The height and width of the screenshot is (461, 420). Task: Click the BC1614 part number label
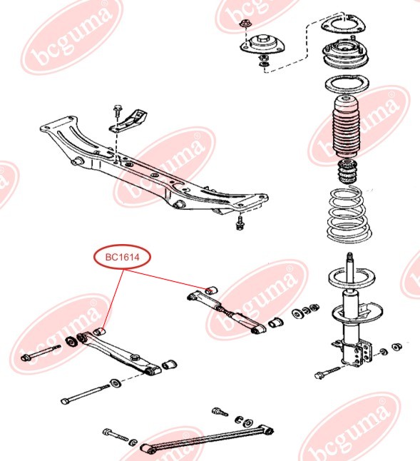click(122, 257)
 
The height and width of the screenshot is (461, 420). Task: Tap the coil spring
click(349, 216)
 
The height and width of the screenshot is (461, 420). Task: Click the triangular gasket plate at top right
click(343, 24)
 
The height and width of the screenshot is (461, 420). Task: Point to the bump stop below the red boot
click(347, 172)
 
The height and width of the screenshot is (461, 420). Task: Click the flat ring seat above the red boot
click(347, 85)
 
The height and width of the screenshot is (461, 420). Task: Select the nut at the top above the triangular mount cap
click(245, 24)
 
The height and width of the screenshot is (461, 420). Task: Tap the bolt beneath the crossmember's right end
click(240, 223)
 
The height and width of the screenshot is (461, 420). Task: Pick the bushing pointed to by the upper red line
click(211, 290)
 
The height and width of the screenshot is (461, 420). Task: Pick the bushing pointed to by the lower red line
click(100, 331)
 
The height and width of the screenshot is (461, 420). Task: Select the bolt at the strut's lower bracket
click(327, 372)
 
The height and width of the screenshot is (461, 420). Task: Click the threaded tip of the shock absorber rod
click(349, 256)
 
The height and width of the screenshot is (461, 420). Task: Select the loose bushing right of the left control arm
click(169, 364)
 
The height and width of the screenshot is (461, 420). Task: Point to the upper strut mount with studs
click(345, 55)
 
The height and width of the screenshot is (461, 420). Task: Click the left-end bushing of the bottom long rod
click(148, 449)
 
